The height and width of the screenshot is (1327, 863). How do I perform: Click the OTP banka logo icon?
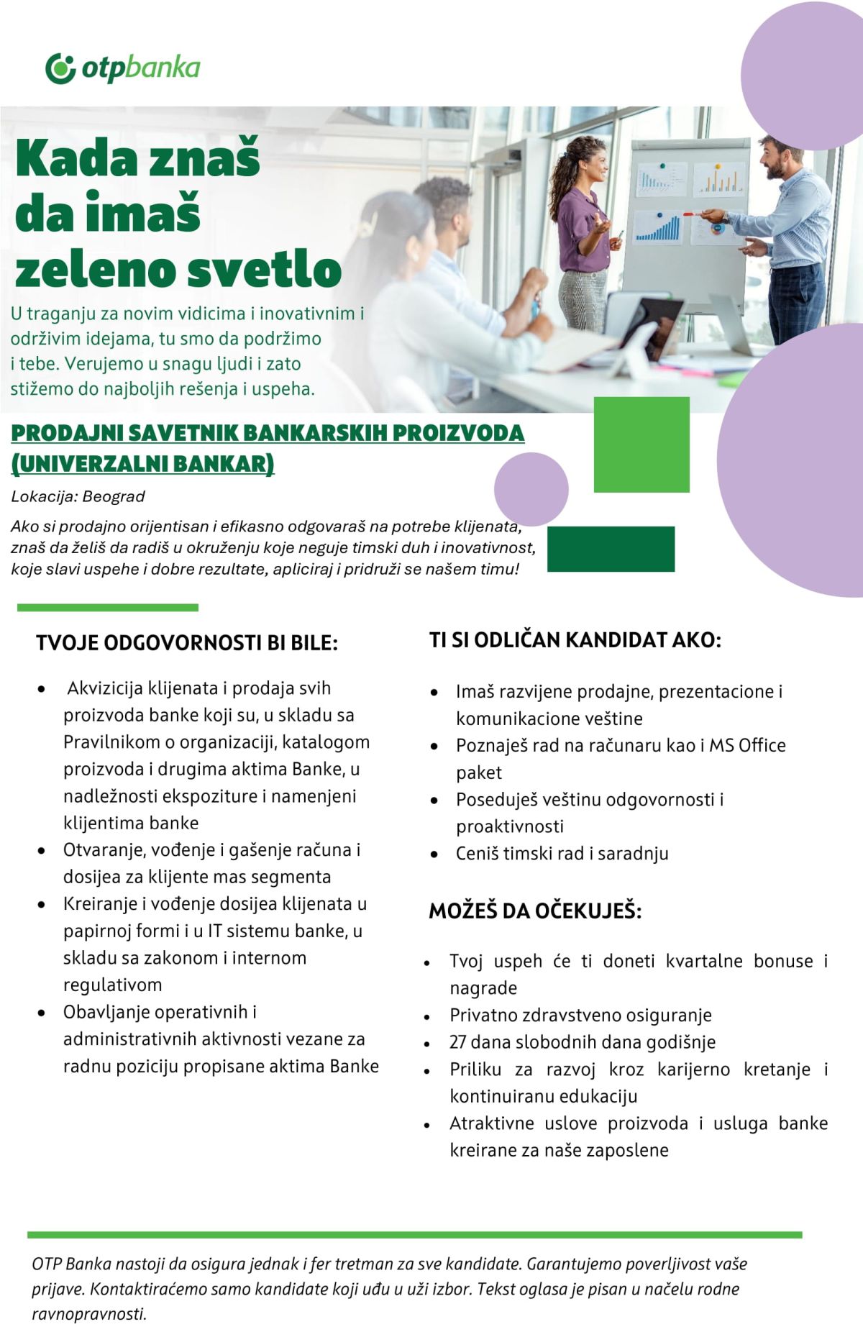coord(60,68)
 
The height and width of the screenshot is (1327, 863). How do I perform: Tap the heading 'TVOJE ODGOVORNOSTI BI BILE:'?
coord(187,642)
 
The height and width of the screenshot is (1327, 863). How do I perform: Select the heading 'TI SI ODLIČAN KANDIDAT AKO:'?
coord(575,639)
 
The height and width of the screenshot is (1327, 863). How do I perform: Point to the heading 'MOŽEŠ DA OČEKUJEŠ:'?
coord(535,911)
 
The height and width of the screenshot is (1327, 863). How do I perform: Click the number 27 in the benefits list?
coord(458,1042)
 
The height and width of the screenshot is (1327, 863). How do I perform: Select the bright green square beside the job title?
coord(641,444)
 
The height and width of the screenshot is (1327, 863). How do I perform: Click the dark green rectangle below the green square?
coord(611,549)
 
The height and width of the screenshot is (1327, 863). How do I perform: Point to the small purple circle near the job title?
coord(531,489)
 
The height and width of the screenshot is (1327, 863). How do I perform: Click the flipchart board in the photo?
coord(687,216)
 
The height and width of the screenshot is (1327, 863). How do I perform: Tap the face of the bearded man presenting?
coord(775,160)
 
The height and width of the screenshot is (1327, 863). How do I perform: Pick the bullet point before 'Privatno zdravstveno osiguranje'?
coord(427,1016)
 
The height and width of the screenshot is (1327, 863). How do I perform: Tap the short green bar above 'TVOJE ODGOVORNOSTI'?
coord(108,608)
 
